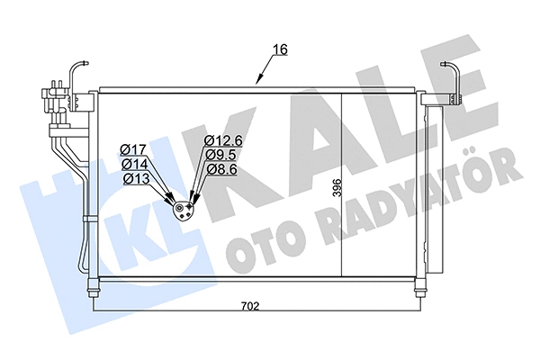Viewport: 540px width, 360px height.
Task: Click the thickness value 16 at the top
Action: [x=281, y=49]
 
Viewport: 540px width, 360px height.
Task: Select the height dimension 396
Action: [x=337, y=188]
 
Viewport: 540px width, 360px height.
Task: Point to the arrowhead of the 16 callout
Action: [x=259, y=82]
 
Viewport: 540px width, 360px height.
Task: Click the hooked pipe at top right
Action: [x=454, y=76]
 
